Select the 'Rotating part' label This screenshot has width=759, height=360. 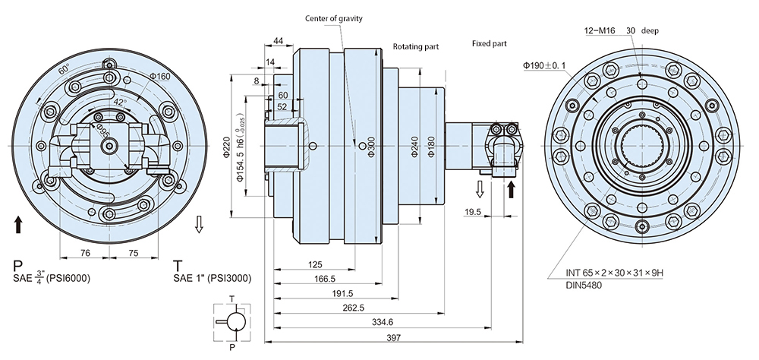[415, 46]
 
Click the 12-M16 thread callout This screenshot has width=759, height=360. [600, 31]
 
